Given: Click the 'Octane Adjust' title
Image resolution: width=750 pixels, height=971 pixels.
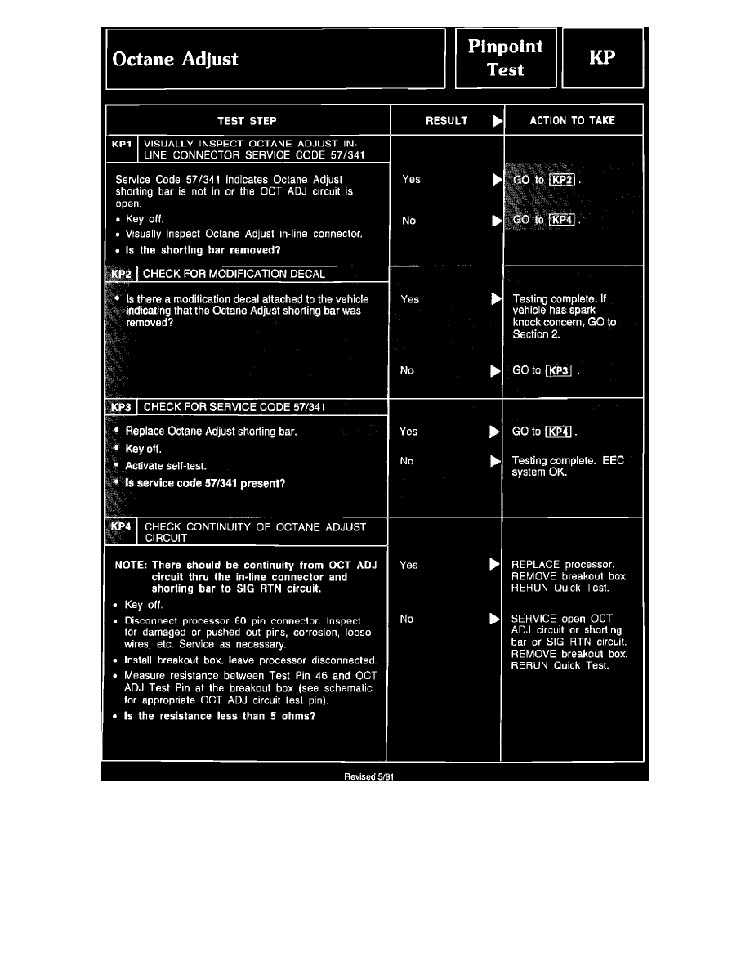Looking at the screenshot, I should [176, 59].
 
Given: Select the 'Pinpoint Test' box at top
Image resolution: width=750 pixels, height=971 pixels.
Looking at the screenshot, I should [506, 58].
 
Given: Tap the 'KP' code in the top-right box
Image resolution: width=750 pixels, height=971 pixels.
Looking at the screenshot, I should [604, 58].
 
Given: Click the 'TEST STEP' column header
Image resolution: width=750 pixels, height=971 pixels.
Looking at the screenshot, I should [247, 121].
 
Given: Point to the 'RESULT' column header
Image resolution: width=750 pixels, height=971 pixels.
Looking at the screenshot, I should [447, 121].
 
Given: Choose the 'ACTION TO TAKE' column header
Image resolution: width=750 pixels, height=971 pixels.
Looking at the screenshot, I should [573, 121].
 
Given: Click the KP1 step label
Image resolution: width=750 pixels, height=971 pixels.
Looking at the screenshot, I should [122, 143].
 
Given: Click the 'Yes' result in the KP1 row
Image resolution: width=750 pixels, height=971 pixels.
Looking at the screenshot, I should [412, 179].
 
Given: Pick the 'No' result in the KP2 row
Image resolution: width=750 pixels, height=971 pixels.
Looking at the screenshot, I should [407, 370].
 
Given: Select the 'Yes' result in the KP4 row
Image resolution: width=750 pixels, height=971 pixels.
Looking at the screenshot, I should [408, 564].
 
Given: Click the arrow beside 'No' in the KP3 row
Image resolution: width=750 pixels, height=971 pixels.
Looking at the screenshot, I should [493, 461].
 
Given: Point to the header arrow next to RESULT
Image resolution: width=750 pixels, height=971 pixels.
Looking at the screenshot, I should [496, 122].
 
